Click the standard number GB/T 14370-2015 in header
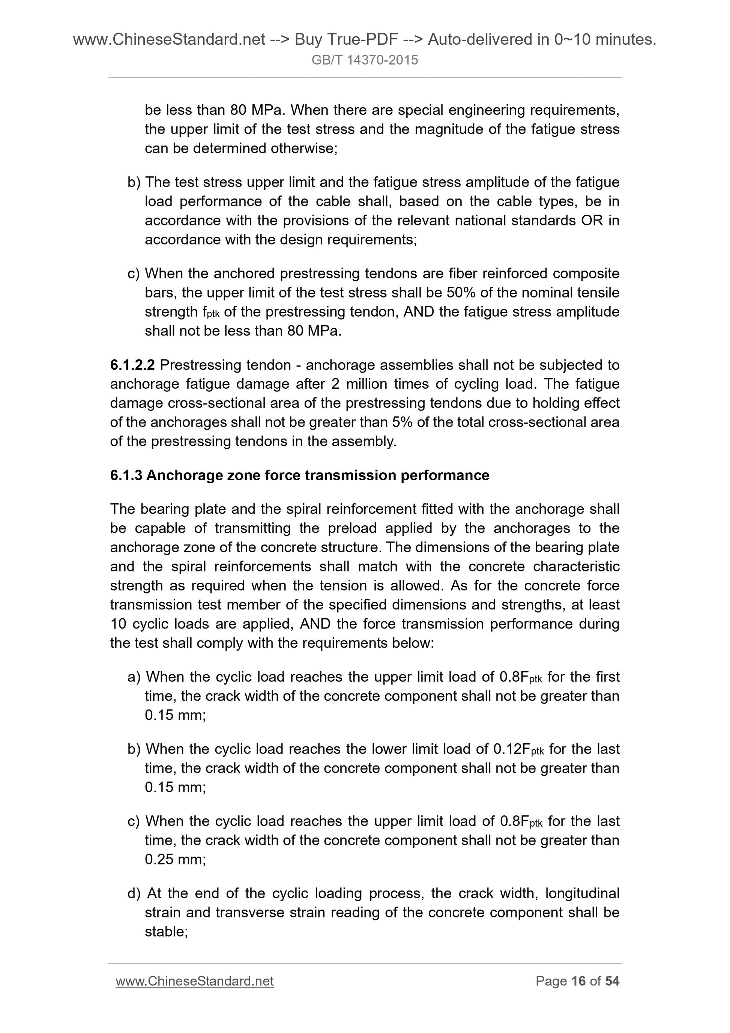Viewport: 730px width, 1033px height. tap(365, 60)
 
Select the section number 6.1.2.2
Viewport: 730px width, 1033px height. tap(132, 365)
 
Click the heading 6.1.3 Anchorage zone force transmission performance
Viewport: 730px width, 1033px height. tap(300, 475)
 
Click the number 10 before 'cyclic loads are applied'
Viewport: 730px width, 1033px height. tap(119, 624)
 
